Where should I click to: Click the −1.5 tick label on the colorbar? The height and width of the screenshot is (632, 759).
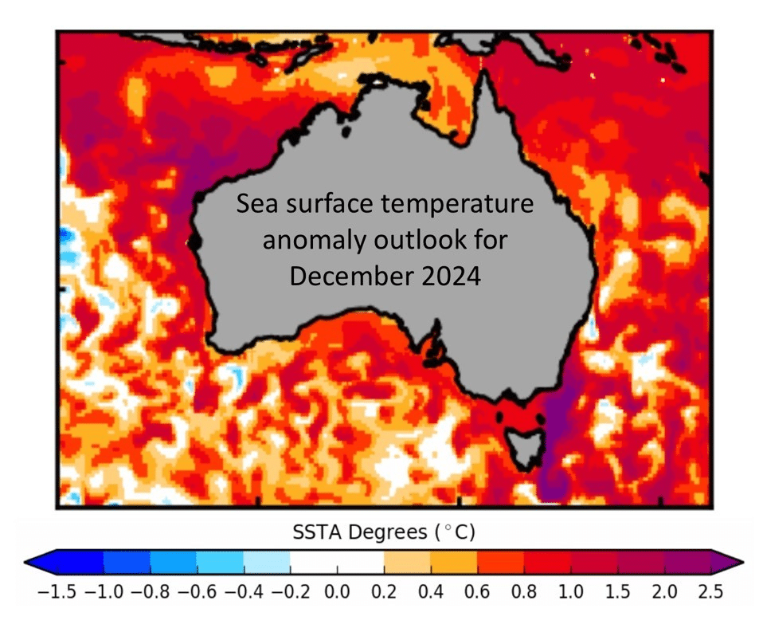point(53,592)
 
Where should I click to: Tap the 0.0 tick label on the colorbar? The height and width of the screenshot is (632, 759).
point(337,592)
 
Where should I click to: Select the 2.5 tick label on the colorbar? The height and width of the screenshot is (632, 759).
point(710,592)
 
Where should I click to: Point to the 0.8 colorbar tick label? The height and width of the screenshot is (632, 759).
point(524,592)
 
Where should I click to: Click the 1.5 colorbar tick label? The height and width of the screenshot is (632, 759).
point(617,592)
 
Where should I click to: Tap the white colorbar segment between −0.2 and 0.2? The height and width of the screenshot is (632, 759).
point(337,561)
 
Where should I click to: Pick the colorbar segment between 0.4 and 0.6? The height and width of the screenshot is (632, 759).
point(454,561)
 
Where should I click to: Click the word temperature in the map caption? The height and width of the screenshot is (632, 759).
point(461,205)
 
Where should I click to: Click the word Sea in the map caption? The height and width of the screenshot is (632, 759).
point(254,204)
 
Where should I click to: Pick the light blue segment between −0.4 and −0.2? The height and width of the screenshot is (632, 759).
point(267,561)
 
